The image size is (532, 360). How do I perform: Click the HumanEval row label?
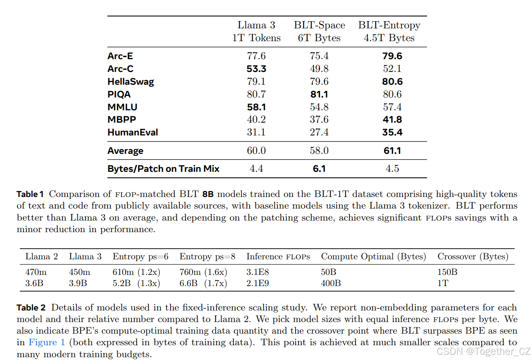click(x=133, y=132)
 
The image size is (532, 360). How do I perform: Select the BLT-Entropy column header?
click(x=389, y=31)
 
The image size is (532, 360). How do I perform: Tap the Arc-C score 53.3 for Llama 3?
click(x=256, y=69)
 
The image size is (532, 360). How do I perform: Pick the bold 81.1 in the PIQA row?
click(x=319, y=94)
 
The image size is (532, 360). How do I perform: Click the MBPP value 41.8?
click(x=392, y=119)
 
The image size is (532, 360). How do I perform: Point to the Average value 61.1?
click(x=392, y=151)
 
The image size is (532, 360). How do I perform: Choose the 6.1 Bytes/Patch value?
click(x=319, y=169)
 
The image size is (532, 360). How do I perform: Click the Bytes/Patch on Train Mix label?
click(x=163, y=169)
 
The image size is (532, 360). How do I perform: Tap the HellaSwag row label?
click(x=131, y=82)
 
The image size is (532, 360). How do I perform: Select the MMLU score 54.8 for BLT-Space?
click(x=319, y=107)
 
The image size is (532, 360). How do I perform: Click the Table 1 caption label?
click(x=30, y=194)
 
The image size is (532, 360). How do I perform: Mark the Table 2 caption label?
click(x=31, y=308)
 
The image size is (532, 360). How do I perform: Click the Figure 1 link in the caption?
click(x=46, y=342)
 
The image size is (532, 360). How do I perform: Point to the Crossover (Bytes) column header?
click(x=472, y=257)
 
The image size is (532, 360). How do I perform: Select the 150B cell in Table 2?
click(x=447, y=272)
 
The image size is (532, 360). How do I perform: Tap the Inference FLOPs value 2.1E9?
click(x=258, y=283)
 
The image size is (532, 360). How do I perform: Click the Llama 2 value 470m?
click(x=36, y=272)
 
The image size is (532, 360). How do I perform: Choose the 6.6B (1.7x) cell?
click(x=203, y=283)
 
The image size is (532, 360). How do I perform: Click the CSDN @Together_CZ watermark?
click(x=483, y=351)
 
